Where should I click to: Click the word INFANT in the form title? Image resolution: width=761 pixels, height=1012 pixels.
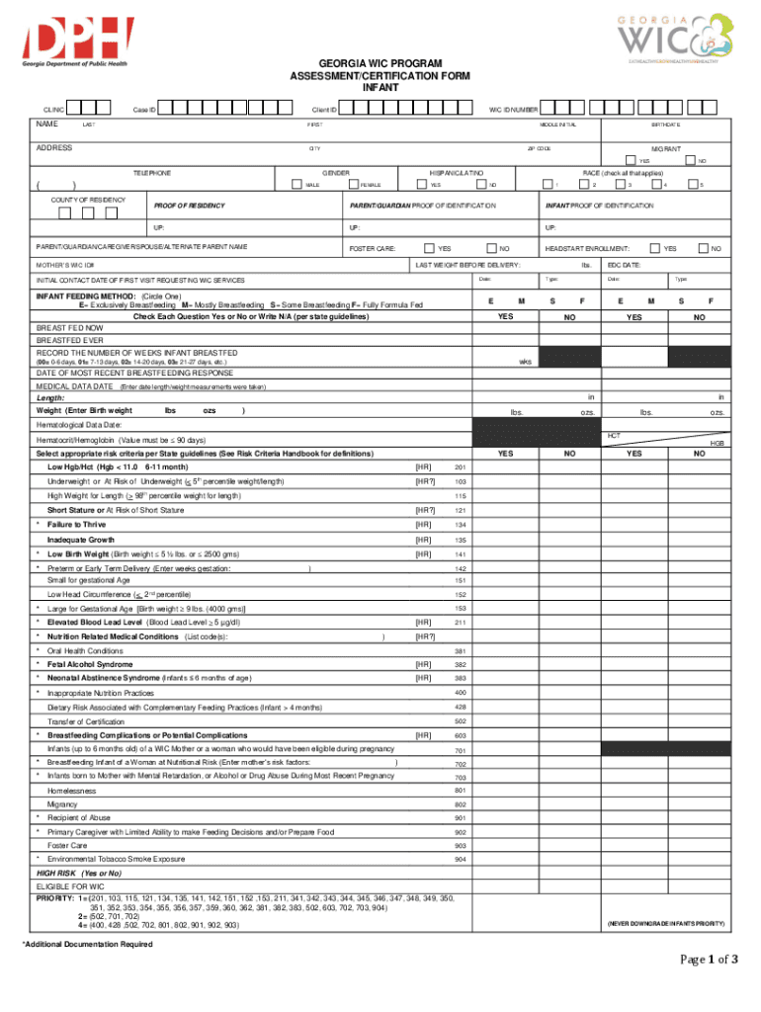[x=380, y=88]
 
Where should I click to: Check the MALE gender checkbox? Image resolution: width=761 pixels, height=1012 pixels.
[x=297, y=184]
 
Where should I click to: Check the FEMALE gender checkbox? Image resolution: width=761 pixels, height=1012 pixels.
[x=353, y=184]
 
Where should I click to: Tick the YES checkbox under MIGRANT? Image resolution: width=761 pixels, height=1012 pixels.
[x=630, y=161]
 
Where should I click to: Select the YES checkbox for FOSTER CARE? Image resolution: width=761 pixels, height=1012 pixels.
[x=429, y=247]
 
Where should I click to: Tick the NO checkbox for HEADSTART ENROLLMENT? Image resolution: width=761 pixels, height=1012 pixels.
[x=703, y=247]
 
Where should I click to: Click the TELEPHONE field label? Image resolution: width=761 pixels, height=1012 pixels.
[x=152, y=173]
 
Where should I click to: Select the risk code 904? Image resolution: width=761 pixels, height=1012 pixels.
[x=460, y=860]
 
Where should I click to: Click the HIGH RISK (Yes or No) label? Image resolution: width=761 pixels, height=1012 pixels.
[x=79, y=874]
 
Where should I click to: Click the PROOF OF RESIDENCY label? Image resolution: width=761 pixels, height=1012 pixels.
[x=189, y=206]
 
